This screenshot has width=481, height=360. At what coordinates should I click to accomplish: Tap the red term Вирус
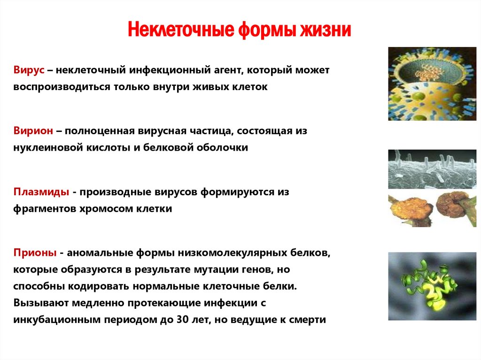click(29, 70)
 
